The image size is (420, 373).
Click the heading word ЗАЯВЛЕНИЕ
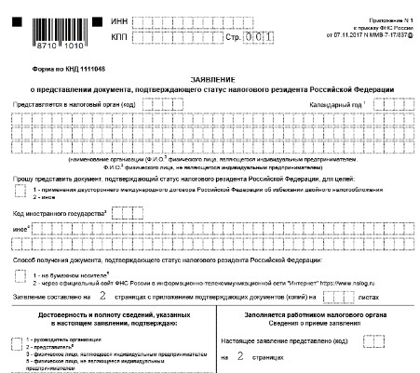point(211,79)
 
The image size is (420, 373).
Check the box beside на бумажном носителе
point(20,276)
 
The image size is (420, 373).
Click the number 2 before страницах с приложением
point(102,297)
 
